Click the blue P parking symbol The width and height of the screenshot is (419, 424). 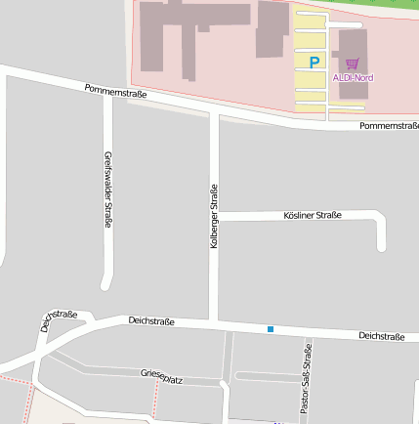(314, 62)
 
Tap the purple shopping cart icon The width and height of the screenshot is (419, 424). (352, 64)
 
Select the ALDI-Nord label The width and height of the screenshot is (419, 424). (353, 77)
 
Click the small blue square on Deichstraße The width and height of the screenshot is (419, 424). (271, 329)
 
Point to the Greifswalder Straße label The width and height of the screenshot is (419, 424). (107, 190)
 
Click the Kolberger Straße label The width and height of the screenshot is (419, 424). (214, 216)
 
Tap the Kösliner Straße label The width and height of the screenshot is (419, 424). (312, 215)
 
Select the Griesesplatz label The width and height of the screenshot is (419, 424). (161, 375)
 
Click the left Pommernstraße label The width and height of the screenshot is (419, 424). (115, 93)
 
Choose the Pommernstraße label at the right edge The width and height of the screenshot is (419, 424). (389, 126)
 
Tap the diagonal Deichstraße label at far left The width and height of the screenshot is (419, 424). (59, 320)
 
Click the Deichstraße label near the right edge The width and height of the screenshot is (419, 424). (381, 336)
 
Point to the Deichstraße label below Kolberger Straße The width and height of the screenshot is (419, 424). (151, 320)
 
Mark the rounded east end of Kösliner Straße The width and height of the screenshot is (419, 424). (381, 243)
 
